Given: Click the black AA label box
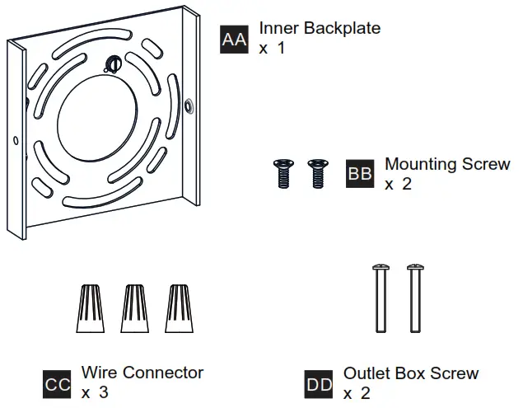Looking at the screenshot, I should [234, 39].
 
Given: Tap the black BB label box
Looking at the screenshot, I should [360, 175].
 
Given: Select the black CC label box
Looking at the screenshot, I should [57, 384].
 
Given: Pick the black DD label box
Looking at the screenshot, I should [319, 384].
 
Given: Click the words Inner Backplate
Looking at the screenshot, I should [320, 29].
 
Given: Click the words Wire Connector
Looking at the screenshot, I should [142, 373].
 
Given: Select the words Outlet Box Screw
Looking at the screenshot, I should [410, 373].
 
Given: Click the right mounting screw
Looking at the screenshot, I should [315, 174].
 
